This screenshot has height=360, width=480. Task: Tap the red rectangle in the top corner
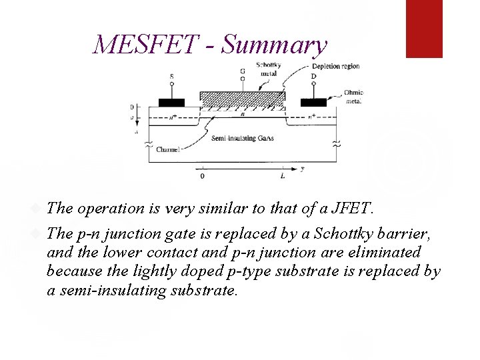click(424, 29)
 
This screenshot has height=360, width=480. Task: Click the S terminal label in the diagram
click(171, 77)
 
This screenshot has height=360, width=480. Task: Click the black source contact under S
click(171, 102)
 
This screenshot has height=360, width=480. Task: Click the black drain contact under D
click(313, 102)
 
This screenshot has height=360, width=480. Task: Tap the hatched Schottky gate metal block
click(242, 97)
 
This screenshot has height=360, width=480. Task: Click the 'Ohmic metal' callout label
click(353, 97)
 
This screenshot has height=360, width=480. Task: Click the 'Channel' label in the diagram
click(167, 150)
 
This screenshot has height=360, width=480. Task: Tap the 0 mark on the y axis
click(202, 177)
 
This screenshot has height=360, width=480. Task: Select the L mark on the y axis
click(283, 177)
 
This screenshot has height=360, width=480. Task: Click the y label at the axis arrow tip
click(302, 169)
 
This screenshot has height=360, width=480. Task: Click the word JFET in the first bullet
click(351, 209)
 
